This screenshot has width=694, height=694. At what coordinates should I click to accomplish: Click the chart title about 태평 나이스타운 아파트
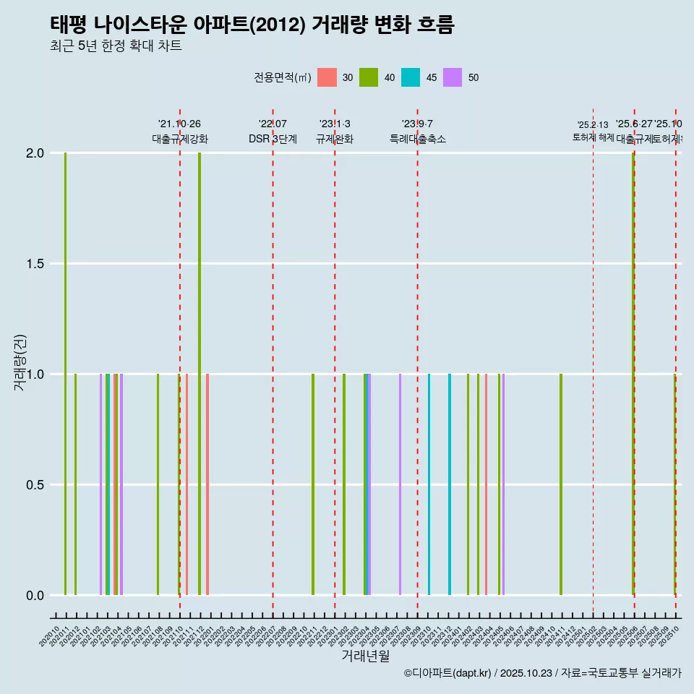point(252,25)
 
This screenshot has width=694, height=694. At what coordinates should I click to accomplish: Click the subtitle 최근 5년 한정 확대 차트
point(116,46)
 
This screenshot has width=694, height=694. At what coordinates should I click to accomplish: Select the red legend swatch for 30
point(327,77)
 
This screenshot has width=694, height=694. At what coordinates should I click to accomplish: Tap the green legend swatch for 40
point(369,77)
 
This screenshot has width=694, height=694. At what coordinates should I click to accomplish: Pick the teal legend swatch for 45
point(411,77)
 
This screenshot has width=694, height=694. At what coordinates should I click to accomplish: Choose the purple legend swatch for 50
point(453,77)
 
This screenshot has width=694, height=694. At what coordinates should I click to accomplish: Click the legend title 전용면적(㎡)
point(283,77)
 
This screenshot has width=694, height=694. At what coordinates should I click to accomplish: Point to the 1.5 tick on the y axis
point(35,264)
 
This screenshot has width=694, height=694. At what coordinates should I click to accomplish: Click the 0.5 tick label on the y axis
point(35,485)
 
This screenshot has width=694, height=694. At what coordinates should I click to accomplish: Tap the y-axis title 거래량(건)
point(20,361)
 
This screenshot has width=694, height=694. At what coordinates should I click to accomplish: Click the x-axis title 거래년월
point(365,656)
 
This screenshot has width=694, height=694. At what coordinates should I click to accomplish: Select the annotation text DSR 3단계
point(273,139)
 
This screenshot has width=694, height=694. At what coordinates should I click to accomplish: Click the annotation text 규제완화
point(335,139)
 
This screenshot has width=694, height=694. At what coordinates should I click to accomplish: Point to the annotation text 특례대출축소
point(418,139)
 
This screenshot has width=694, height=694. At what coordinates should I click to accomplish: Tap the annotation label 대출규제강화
point(180,139)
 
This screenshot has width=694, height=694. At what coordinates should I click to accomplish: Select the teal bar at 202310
point(429,484)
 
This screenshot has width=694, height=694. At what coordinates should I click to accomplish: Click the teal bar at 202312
point(450,484)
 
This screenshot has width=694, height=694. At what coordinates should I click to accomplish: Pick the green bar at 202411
point(561,484)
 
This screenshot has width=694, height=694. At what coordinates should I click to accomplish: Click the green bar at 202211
point(313,484)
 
